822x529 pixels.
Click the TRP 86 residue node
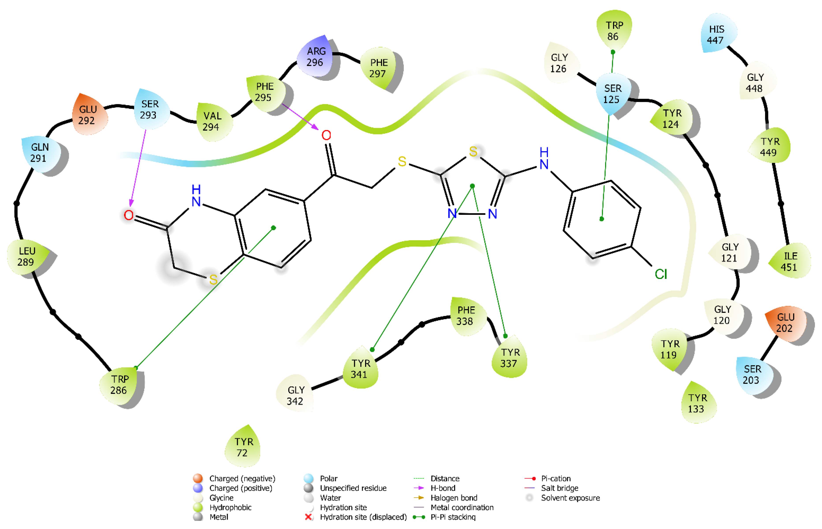[x=614, y=31]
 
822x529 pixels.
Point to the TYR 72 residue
[x=243, y=447]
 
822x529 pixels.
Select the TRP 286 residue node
[x=119, y=385]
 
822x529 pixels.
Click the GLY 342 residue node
[x=295, y=395]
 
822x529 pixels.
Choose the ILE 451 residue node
[x=789, y=261]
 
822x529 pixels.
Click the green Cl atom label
[x=660, y=274]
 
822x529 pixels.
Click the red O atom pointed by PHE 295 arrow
[x=326, y=135]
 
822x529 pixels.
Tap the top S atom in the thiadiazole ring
[x=473, y=152]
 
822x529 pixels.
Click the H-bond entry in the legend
[x=443, y=488]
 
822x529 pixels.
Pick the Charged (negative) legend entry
[x=242, y=479]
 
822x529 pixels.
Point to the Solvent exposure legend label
[x=570, y=498]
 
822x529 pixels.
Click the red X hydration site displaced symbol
[x=308, y=517]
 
